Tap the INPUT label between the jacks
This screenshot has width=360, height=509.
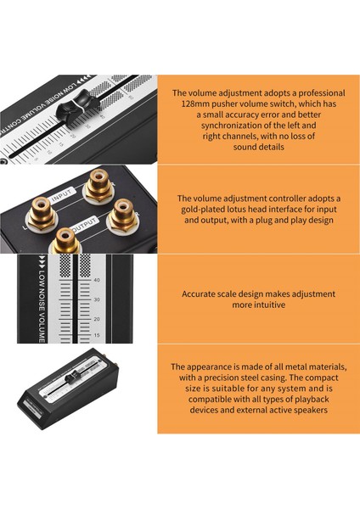click(63, 195)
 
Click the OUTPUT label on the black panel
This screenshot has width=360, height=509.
click(84, 225)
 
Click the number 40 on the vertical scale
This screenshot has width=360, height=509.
click(97, 280)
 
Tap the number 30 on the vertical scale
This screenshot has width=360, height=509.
click(97, 299)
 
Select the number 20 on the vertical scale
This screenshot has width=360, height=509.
click(97, 319)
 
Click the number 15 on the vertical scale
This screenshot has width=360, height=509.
click(97, 335)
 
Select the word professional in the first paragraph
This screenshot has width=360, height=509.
click(321, 93)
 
